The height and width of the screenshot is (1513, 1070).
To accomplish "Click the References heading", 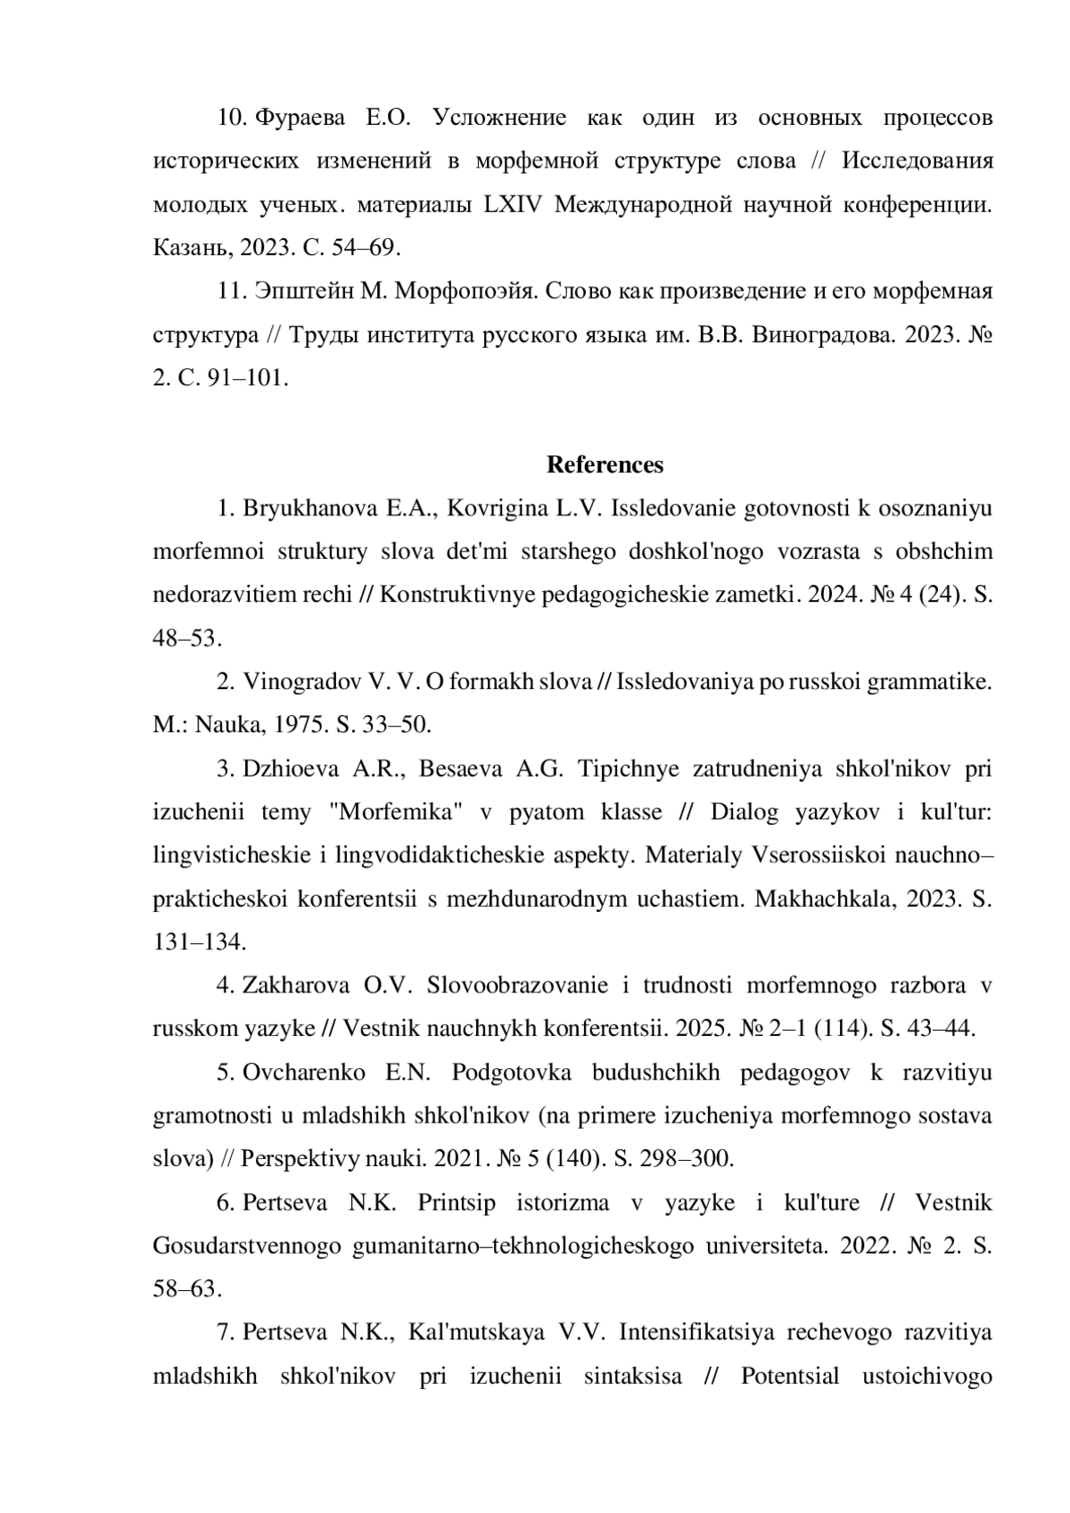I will click(x=605, y=465).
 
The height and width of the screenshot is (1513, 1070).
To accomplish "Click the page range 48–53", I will click(x=186, y=638).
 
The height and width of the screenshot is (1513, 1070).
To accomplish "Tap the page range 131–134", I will click(x=199, y=942).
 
